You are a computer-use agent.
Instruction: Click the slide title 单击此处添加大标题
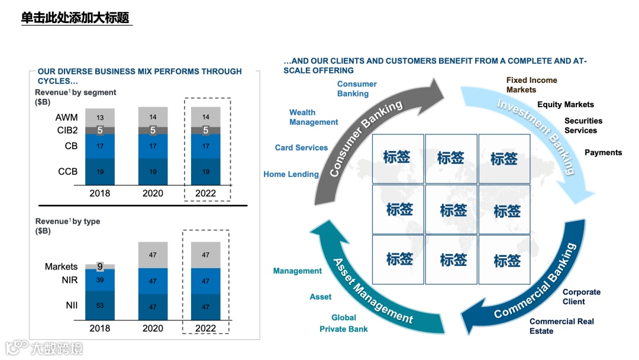click(x=75, y=18)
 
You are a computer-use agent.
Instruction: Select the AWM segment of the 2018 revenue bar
click(x=100, y=117)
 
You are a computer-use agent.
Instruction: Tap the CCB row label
click(x=67, y=172)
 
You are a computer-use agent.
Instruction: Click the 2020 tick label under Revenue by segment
click(x=153, y=193)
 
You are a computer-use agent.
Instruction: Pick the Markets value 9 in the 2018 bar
click(x=100, y=266)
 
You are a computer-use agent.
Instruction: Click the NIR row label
click(x=69, y=280)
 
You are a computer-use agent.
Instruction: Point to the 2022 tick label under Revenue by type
click(x=205, y=328)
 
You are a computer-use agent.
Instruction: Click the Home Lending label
click(x=291, y=174)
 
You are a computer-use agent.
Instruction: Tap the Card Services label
click(x=301, y=147)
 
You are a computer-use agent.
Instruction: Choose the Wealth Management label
click(x=314, y=117)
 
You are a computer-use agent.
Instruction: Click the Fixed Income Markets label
click(x=531, y=85)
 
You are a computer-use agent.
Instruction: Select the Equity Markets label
click(x=565, y=104)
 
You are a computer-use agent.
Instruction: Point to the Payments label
click(x=603, y=152)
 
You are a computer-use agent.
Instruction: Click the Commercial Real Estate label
click(x=561, y=326)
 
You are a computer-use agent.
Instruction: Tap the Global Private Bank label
click(x=344, y=323)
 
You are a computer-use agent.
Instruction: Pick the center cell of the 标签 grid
click(x=454, y=210)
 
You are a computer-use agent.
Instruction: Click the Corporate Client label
click(x=581, y=297)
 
